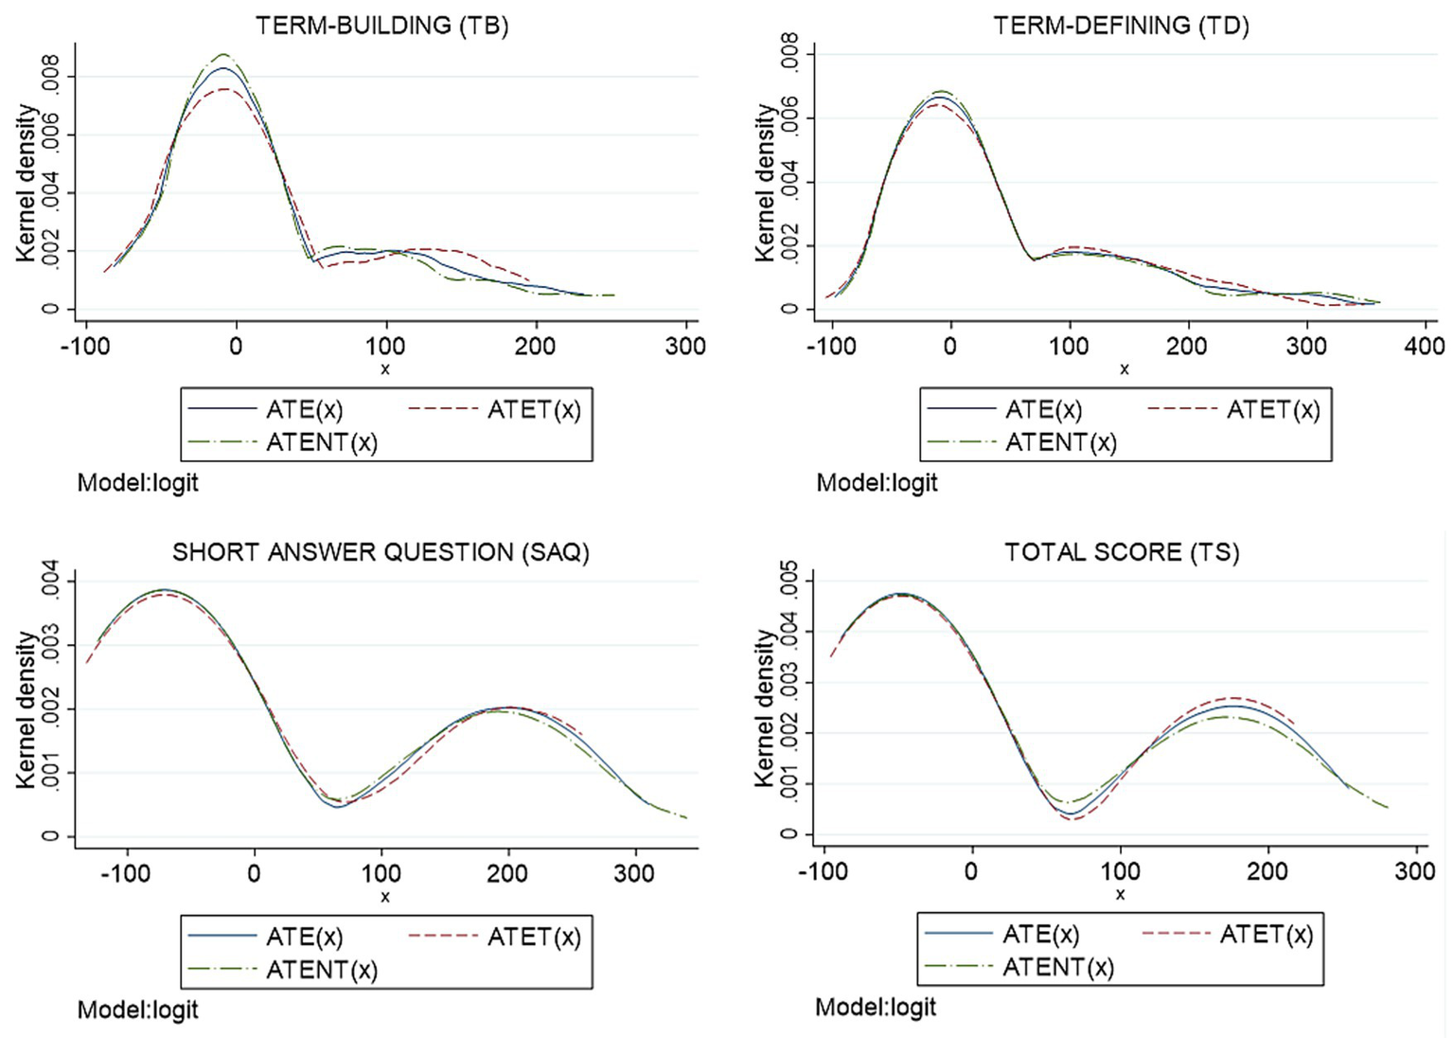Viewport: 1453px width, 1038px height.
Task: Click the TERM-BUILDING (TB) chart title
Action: coord(381,25)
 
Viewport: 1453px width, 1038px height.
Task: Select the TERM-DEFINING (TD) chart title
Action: coord(1121,25)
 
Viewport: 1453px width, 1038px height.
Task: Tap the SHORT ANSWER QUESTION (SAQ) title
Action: coord(381,552)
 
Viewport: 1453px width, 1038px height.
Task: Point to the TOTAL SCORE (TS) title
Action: coord(1122,552)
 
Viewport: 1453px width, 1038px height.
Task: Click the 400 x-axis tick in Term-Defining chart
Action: coord(1424,347)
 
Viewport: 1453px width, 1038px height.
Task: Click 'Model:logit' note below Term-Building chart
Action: coord(137,483)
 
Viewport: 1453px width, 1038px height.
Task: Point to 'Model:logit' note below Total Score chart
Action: coord(876,1007)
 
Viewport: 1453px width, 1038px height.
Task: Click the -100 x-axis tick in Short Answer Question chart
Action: coord(125,873)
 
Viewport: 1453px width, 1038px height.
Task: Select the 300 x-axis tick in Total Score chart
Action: coord(1414,871)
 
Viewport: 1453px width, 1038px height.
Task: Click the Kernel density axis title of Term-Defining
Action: coord(764,183)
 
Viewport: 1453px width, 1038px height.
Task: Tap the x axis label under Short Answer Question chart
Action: coord(384,897)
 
